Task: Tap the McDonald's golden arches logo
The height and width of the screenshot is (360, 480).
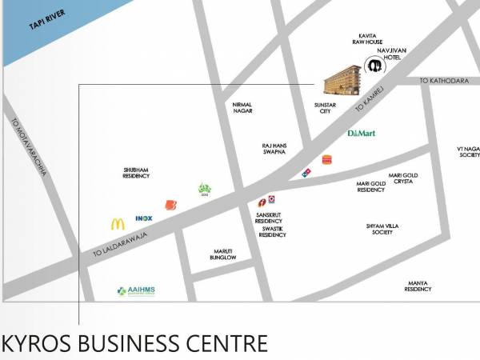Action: [118, 225]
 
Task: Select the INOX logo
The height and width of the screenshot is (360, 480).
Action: [144, 218]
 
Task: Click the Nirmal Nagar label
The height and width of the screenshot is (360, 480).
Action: [242, 108]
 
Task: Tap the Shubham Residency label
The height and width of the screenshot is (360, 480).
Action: [136, 173]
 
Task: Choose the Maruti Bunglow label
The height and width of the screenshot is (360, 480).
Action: [224, 254]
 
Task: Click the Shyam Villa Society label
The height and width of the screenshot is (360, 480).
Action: [382, 229]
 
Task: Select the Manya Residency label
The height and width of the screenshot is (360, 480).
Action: [418, 286]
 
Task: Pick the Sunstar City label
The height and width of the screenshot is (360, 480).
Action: [325, 108]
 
